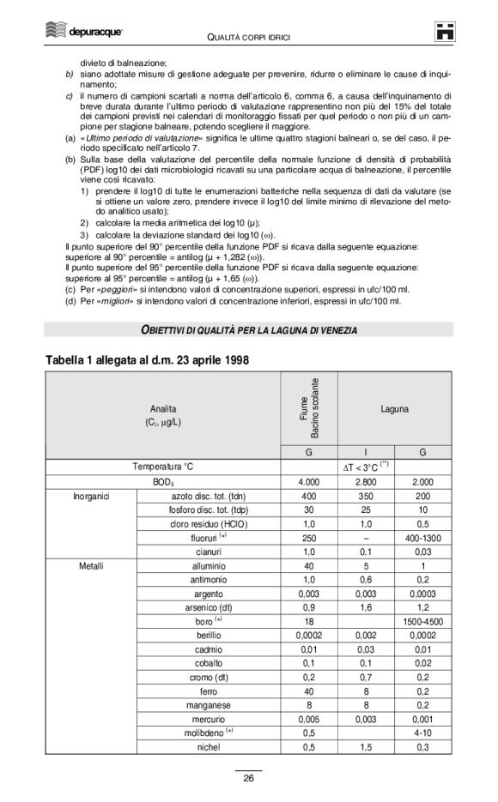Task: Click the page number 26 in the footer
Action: (248, 778)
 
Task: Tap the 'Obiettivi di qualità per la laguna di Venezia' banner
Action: (249, 330)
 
